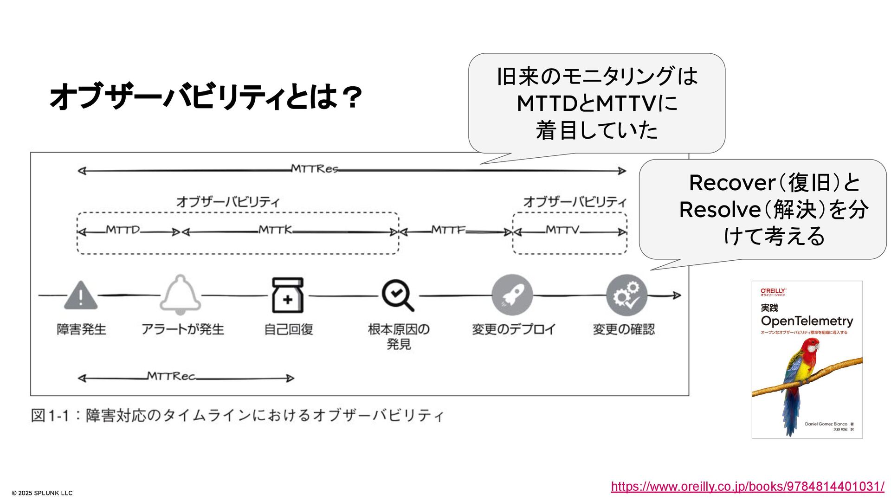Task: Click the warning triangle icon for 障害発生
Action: [81, 295]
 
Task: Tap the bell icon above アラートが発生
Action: [181, 294]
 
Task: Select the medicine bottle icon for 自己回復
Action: [288, 295]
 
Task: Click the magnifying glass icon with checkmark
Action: [397, 295]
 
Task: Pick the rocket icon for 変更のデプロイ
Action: [512, 295]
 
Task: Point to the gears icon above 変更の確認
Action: [626, 295]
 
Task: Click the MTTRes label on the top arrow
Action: [315, 169]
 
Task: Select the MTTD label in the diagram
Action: [123, 230]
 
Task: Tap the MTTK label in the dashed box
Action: [276, 230]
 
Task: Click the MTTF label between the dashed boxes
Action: [448, 230]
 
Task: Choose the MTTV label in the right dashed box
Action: [562, 230]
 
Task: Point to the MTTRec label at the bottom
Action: [171, 376]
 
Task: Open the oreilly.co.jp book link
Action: [747, 486]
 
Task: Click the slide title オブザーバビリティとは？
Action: [205, 97]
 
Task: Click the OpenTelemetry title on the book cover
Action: [807, 321]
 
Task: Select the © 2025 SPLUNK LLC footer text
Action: [42, 493]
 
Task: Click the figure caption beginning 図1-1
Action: [237, 415]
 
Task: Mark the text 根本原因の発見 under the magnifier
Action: [399, 336]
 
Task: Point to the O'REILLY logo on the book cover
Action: [773, 291]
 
